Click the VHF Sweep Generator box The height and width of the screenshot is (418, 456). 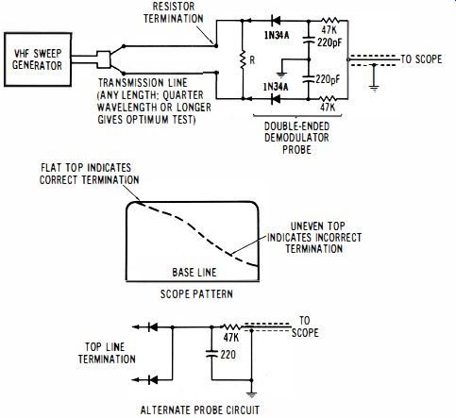[38, 59]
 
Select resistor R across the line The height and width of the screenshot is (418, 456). [243, 59]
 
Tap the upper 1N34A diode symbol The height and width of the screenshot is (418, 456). [276, 21]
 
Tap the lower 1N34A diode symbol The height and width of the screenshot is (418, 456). [276, 99]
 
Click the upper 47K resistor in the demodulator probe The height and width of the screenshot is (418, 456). [329, 21]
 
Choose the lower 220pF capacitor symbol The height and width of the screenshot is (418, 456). [309, 78]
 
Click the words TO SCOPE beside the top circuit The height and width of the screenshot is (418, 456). [421, 59]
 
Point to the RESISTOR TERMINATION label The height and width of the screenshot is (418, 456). [174, 12]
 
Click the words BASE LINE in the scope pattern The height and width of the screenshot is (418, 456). [194, 273]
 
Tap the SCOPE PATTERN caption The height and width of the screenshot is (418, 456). [196, 294]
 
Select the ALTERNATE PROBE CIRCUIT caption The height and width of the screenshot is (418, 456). [200, 410]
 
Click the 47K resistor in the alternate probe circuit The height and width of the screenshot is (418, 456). [231, 327]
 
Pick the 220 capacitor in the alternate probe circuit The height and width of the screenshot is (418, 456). [211, 354]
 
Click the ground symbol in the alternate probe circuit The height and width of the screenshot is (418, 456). [251, 393]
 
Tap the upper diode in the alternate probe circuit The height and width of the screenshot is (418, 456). [153, 327]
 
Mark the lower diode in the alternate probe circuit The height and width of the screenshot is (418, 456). [153, 380]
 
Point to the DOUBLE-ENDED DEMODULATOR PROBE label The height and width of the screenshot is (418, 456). [296, 138]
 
